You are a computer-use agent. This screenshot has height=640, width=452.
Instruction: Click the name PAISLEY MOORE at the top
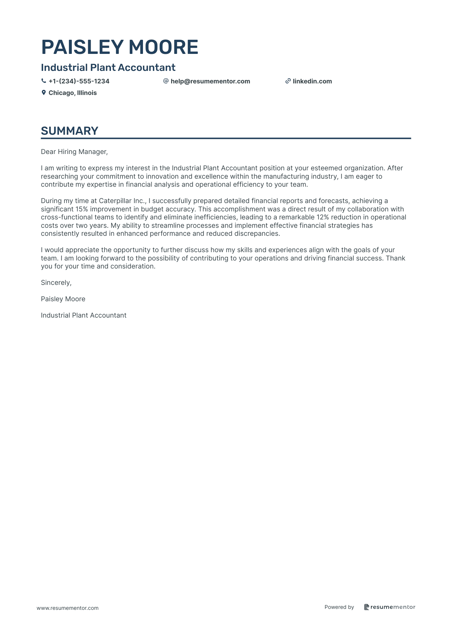point(120,47)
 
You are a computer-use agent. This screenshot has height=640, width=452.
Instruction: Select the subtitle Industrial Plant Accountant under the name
point(108,67)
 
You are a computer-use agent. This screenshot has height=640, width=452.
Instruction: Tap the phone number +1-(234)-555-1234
point(79,81)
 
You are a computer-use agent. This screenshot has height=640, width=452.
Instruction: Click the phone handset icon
point(44,81)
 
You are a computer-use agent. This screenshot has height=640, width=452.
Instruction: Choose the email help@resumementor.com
point(210,81)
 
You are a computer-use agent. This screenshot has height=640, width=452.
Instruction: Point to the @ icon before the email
point(166,81)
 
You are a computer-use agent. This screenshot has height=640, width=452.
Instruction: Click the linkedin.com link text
point(312,81)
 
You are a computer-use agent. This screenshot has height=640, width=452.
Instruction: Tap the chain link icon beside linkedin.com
point(288,81)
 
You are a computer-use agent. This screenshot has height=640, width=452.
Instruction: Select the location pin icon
point(44,93)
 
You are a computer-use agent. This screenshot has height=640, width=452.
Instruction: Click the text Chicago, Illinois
point(72,93)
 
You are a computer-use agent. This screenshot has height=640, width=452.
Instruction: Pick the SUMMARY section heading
point(70,131)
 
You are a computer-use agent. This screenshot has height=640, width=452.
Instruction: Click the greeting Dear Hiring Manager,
point(74,152)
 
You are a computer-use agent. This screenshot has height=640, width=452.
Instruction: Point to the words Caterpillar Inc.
point(122,201)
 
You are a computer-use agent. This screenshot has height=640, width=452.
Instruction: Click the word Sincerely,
point(56,283)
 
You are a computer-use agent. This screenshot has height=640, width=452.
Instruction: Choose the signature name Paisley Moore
point(63,299)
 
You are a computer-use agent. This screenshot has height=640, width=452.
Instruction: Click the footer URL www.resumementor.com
point(68,608)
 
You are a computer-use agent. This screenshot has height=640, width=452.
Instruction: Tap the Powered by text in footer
point(339,607)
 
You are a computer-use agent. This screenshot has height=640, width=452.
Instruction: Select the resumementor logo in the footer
point(389,607)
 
